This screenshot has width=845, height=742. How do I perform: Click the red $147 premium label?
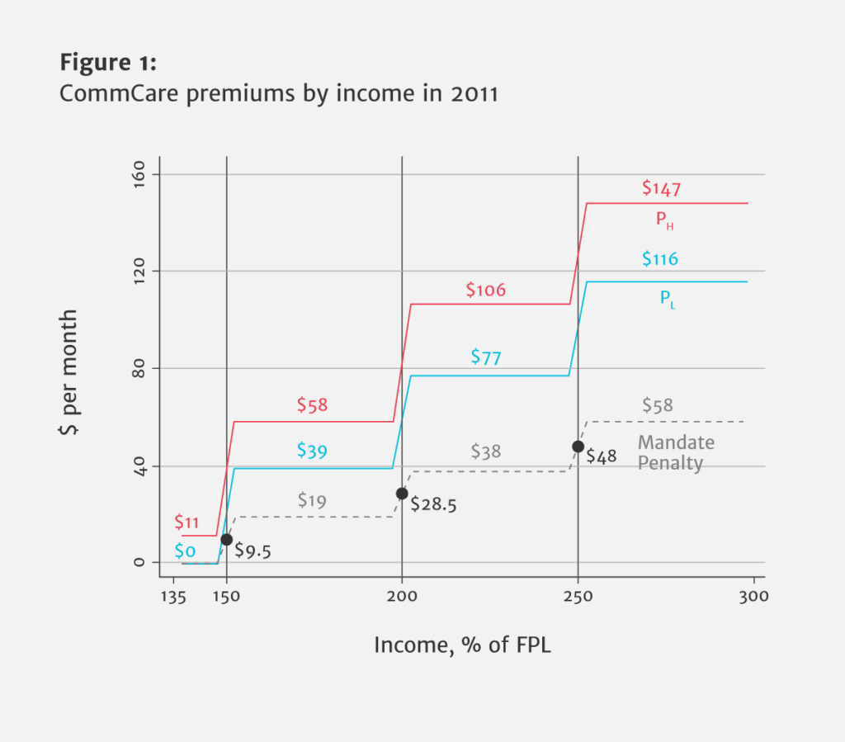661,188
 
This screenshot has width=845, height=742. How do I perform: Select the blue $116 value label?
660,259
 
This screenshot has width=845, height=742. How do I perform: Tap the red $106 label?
485,291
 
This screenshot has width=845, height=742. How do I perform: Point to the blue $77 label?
486,357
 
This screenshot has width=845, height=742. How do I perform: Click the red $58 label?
312,405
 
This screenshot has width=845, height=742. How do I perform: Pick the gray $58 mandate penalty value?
658,405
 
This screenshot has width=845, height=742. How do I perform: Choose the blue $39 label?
312,451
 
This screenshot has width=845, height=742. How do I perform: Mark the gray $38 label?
486,451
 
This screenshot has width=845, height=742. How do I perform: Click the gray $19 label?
312,500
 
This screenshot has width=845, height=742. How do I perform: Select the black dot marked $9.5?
226,539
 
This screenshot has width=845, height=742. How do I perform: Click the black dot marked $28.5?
402,494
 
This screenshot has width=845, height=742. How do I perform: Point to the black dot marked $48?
578,447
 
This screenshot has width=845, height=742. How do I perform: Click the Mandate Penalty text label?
675,453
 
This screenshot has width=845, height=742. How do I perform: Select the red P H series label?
666,220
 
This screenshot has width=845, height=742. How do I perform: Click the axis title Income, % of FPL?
462,645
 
